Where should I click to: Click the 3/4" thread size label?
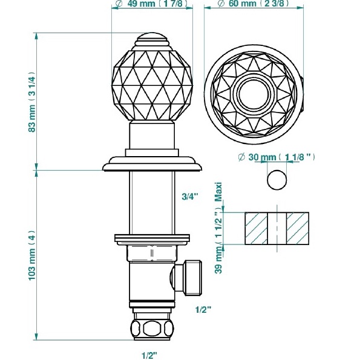click(x=189, y=196)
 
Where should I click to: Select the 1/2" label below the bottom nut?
click(x=149, y=353)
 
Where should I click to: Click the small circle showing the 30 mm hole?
click(x=277, y=180)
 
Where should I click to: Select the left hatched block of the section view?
click(x=256, y=228)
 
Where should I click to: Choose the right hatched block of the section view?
click(x=298, y=228)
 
